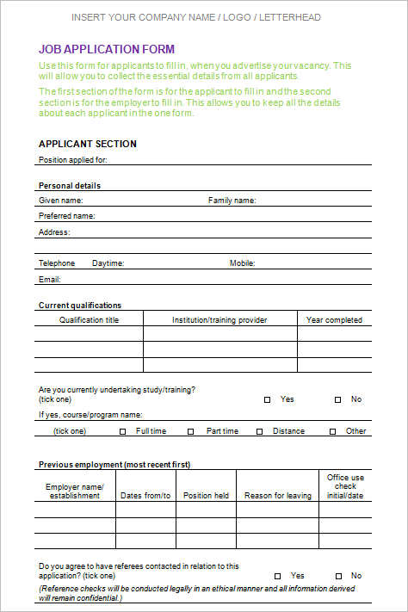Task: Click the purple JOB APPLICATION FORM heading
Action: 107,49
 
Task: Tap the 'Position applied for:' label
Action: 73,159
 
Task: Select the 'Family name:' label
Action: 232,201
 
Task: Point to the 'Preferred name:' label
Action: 67,216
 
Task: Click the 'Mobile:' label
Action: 242,263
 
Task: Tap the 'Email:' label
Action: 50,279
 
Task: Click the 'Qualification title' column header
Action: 89,320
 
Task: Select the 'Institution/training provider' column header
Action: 219,320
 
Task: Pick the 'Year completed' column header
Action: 334,320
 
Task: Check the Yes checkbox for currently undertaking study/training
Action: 267,399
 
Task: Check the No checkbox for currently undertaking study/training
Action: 337,399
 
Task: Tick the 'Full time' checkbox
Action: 122,431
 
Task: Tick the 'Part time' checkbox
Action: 191,431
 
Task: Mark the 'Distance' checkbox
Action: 258,431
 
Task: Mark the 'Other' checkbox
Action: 331,431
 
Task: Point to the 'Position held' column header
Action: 206,496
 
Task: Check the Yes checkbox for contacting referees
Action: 277,576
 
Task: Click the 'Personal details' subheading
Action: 70,186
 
